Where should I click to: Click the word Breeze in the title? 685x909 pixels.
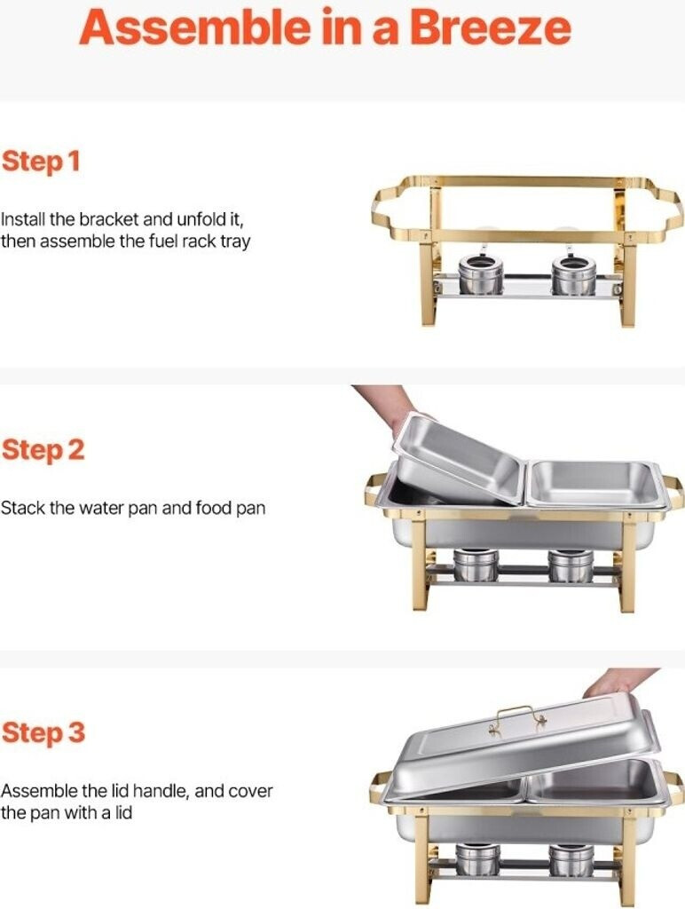[491, 28]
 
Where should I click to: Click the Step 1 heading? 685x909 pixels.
[41, 162]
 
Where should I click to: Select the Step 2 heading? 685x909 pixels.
[43, 450]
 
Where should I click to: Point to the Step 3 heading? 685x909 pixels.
[43, 732]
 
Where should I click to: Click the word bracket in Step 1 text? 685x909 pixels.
[109, 220]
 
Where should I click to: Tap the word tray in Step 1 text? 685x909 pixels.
[235, 241]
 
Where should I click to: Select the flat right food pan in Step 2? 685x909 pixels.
[597, 484]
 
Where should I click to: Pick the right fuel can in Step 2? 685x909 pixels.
[571, 565]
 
